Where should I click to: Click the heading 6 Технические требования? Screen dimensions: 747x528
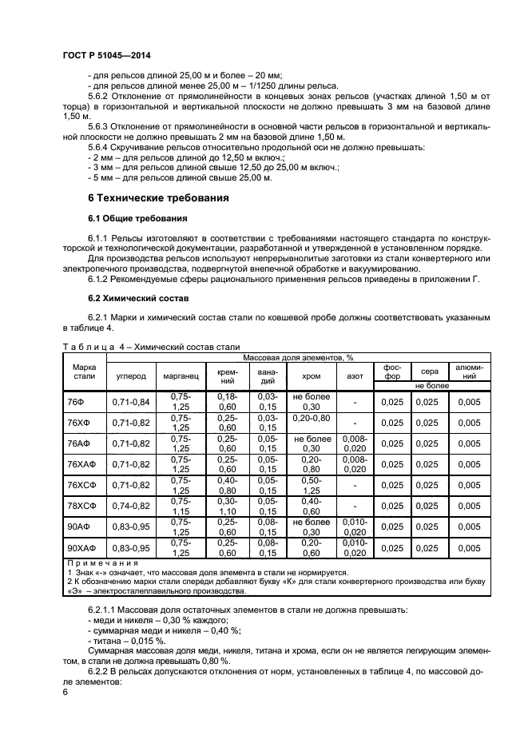[158, 197]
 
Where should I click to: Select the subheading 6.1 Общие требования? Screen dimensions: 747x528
[137, 218]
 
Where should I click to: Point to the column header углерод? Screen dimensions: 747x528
[131, 375]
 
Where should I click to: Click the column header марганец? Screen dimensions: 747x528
[181, 375]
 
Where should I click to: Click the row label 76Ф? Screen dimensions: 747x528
[77, 401]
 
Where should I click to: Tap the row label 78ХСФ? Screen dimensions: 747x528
[81, 506]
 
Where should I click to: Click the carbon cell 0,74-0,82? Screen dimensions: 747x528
[131, 506]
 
